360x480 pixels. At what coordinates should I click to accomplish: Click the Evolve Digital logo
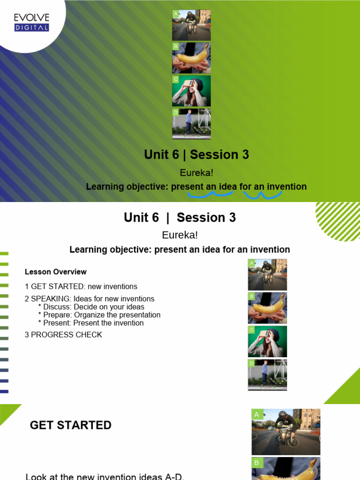[x=31, y=22]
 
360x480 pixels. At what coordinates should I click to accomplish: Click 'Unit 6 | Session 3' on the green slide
[x=196, y=155]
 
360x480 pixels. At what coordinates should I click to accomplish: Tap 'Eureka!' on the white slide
[x=180, y=235]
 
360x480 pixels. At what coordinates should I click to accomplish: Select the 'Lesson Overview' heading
[x=55, y=272]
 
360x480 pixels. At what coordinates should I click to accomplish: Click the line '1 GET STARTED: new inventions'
[x=81, y=286]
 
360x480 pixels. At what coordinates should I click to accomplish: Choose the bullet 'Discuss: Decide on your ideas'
[x=94, y=307]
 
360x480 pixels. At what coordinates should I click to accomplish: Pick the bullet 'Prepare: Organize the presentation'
[x=102, y=315]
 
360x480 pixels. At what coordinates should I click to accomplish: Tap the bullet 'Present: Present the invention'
[x=93, y=323]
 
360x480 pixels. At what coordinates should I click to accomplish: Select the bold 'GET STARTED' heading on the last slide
[x=71, y=425]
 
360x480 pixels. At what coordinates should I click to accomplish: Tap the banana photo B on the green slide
[x=191, y=58]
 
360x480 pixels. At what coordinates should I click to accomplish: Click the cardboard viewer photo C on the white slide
[x=267, y=342]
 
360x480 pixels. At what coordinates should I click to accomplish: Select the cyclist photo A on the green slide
[x=191, y=25]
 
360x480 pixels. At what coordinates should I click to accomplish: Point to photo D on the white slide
[x=267, y=375]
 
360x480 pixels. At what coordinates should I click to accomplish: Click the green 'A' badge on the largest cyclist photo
[x=256, y=414]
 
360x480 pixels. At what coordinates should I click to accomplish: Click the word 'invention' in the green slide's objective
[x=287, y=187]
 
